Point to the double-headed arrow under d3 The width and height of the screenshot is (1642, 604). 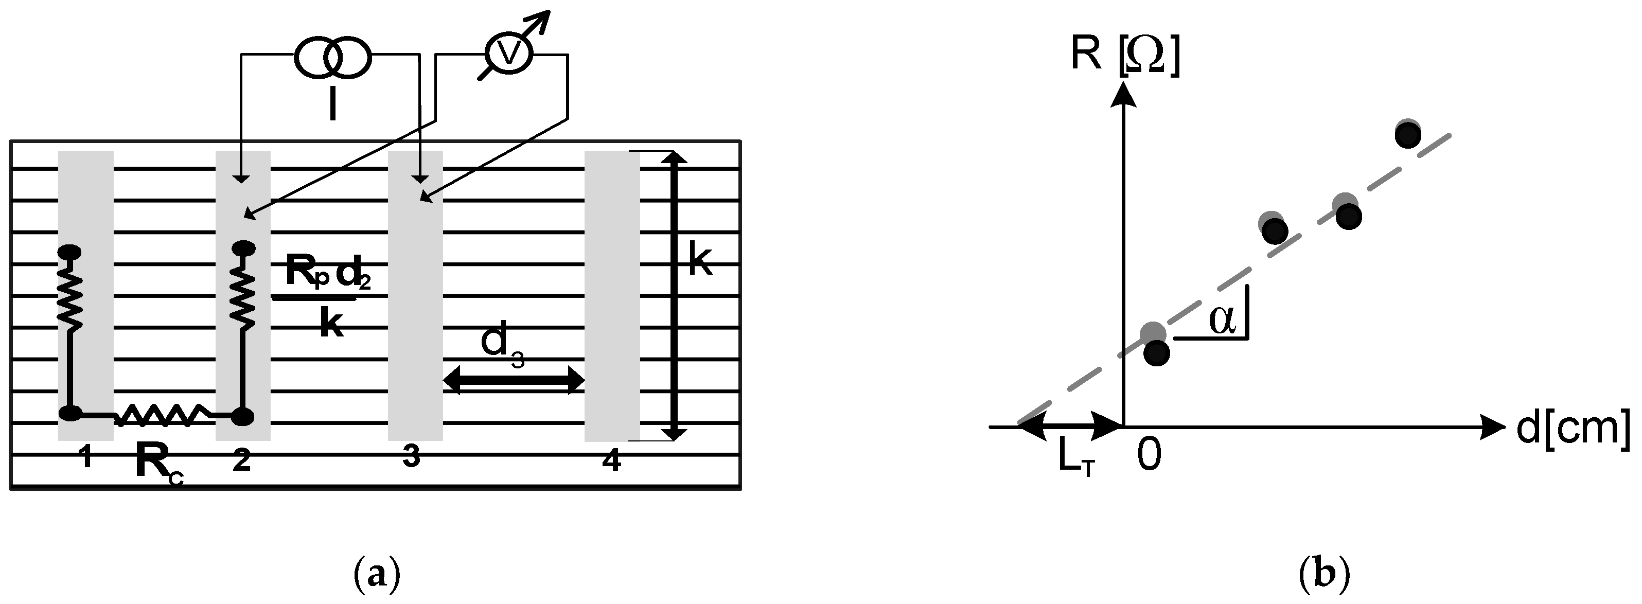[x=513, y=381]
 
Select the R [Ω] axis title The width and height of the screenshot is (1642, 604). [x=1124, y=56]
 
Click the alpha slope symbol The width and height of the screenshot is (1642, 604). [x=1223, y=321]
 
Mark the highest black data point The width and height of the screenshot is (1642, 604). [x=1408, y=135]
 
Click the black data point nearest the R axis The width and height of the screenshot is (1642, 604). [x=1157, y=352]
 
